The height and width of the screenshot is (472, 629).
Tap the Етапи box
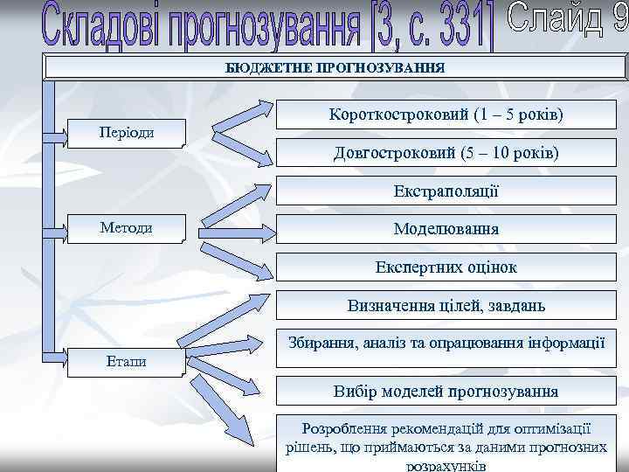[127, 360]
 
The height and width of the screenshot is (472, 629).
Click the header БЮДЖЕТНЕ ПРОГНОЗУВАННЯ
[335, 67]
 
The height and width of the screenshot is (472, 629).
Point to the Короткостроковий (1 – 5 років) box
[446, 115]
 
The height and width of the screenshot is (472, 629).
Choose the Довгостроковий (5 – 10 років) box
[446, 153]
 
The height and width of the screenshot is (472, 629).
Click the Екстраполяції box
[446, 191]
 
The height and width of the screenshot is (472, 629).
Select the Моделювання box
[446, 229]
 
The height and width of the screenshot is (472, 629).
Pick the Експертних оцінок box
[446, 267]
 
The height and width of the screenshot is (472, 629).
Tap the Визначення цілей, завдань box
[446, 306]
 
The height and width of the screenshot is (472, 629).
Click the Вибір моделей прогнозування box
[446, 391]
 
